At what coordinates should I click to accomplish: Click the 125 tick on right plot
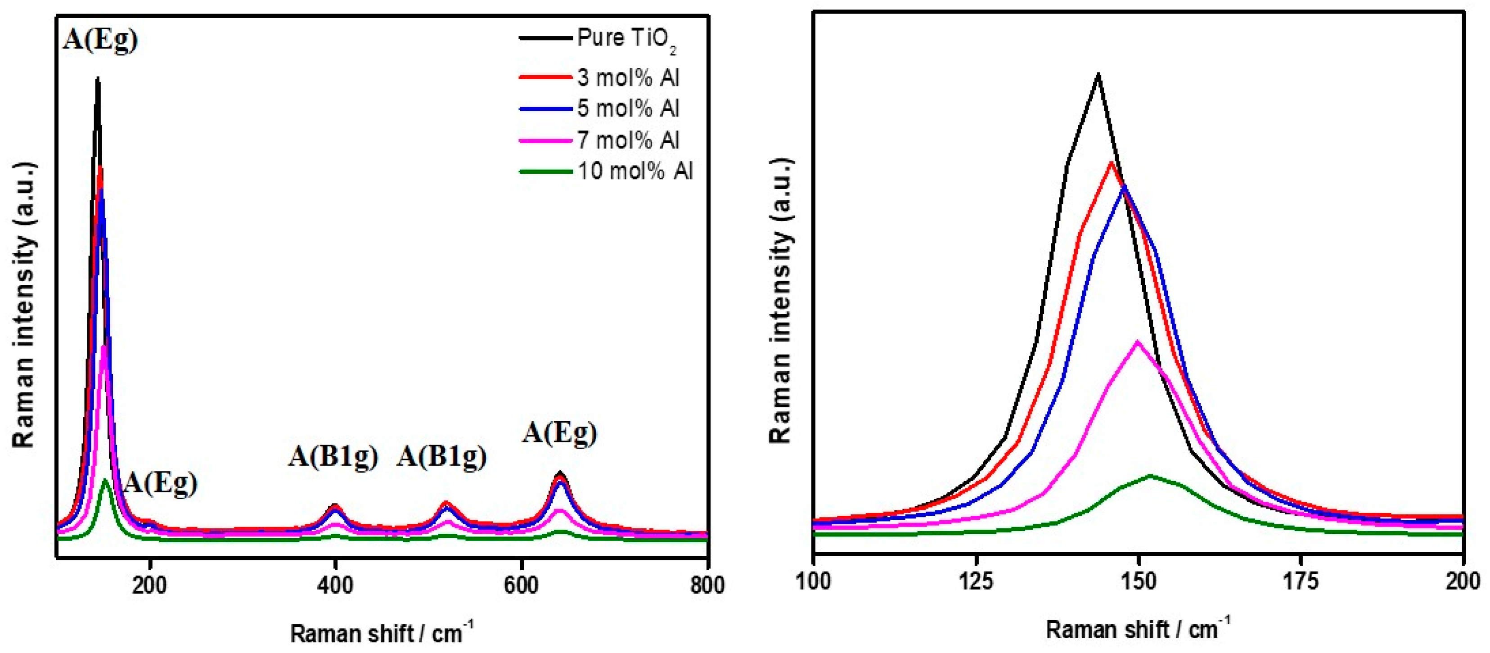(977, 581)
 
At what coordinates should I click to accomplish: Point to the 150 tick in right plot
(1139, 581)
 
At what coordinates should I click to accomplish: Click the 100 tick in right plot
(814, 581)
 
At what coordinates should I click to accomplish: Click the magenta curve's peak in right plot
(1138, 342)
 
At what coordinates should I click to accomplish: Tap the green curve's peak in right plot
(1149, 476)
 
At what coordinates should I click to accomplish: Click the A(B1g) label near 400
(333, 456)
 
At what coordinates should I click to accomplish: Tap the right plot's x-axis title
(1138, 629)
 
